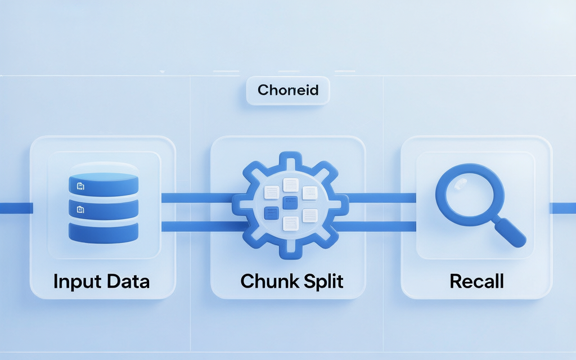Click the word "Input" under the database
pyautogui.click(x=77, y=282)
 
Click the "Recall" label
pyautogui.click(x=477, y=281)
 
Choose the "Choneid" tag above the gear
pyautogui.click(x=288, y=90)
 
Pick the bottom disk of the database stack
pyautogui.click(x=103, y=232)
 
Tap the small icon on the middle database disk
pyautogui.click(x=80, y=209)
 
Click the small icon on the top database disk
pyautogui.click(x=80, y=186)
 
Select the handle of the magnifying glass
pyautogui.click(x=509, y=232)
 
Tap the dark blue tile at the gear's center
pyautogui.click(x=290, y=202)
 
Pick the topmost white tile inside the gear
pyautogui.click(x=291, y=184)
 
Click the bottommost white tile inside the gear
pyautogui.click(x=291, y=223)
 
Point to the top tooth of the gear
pyautogui.click(x=291, y=158)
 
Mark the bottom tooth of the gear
pyautogui.click(x=291, y=251)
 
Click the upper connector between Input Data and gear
pyautogui.click(x=199, y=198)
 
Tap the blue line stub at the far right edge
pyautogui.click(x=562, y=208)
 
